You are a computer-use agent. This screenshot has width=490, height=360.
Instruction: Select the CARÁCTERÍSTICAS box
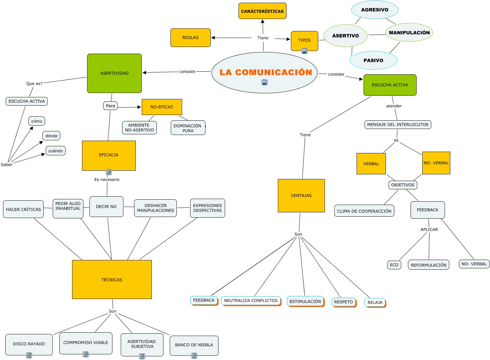[263, 11]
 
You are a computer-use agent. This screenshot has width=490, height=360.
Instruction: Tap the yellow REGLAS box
[190, 38]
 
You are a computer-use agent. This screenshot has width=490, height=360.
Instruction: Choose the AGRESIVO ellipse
[375, 10]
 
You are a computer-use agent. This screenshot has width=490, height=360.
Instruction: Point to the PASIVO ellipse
[373, 60]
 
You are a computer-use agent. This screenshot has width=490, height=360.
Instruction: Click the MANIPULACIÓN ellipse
[409, 33]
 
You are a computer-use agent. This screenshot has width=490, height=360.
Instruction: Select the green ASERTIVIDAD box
[114, 73]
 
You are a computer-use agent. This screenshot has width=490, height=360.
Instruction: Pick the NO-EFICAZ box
[162, 107]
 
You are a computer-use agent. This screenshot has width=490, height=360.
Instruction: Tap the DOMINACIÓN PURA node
[188, 128]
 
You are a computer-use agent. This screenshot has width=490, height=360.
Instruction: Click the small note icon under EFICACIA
[109, 172]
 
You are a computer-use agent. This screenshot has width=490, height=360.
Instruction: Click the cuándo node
[56, 151]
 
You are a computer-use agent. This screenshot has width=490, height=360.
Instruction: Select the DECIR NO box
[106, 207]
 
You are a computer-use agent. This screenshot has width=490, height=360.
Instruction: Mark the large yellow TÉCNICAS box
[112, 280]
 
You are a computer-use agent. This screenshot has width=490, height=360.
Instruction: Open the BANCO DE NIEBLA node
[194, 345]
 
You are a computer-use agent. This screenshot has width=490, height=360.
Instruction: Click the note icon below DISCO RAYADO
[29, 355]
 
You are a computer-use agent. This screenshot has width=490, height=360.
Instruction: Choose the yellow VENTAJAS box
[301, 196]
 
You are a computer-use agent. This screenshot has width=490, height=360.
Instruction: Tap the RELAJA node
[375, 303]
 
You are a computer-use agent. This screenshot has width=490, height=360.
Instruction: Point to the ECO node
[394, 265]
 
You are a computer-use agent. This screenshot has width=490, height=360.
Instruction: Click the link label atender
[394, 106]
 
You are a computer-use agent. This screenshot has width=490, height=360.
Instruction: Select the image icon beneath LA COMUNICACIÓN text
[265, 82]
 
